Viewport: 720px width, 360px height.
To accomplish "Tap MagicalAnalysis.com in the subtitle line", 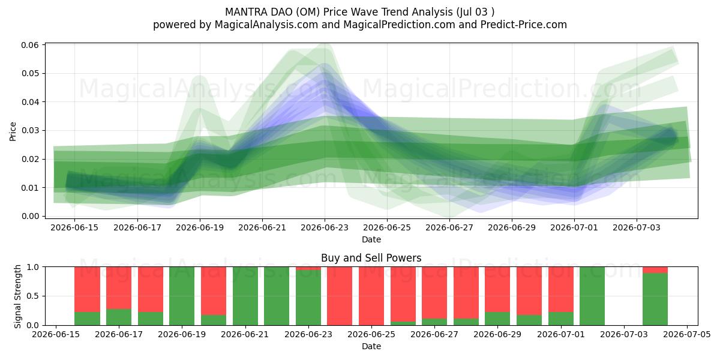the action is coord(266,25).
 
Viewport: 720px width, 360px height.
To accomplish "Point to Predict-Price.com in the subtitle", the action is coord(524,25).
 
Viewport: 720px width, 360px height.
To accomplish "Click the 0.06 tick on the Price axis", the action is coord(29,44).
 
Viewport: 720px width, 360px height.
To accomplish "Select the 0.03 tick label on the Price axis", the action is coord(29,131).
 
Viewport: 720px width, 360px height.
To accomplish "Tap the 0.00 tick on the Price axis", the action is coord(29,216).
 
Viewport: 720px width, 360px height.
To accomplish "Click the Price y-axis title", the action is coord(13,131).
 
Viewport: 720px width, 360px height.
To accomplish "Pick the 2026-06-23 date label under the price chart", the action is coord(325,227).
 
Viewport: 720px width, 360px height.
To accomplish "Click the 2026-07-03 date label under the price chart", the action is coord(637,227).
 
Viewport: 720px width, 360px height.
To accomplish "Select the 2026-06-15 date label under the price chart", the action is coord(74,227).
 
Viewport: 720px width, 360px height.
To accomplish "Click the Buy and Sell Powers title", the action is coord(371,258).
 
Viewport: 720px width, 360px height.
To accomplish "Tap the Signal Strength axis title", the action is coord(17,296).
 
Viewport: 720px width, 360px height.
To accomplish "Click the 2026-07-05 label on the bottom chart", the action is coord(687,334).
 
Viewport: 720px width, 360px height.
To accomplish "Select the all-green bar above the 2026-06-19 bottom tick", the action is coord(182,296).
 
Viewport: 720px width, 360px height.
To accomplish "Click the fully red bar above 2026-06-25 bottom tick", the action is coord(371,296).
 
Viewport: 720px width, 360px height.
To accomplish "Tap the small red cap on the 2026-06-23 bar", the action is coord(308,268).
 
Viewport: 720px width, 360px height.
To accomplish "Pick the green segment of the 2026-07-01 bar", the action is coord(561,319).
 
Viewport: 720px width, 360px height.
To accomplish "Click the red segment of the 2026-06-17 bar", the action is coord(119,288).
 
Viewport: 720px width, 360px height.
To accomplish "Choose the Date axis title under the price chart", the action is coord(371,239).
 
